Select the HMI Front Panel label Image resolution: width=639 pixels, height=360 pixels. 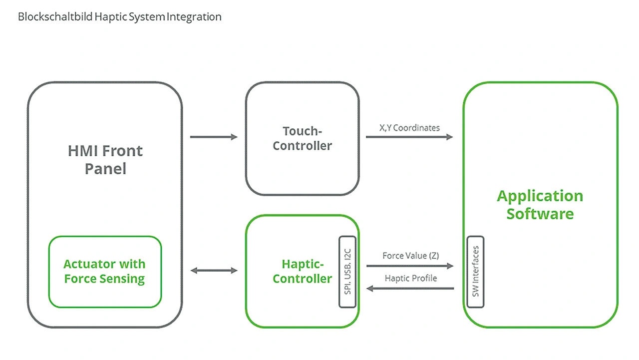tap(105, 160)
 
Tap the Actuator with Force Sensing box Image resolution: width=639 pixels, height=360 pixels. tap(105, 272)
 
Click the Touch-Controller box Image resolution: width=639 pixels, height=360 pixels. tap(302, 138)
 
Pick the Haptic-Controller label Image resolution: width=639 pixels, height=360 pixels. tap(302, 271)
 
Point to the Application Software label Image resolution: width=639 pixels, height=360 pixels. tap(540, 205)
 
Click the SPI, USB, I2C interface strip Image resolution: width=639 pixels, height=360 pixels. tap(348, 272)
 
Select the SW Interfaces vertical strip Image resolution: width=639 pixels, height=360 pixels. tap(475, 272)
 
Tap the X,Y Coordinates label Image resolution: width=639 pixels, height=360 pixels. tap(409, 128)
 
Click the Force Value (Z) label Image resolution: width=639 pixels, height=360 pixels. tap(410, 256)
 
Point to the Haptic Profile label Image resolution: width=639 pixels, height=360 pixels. tap(410, 278)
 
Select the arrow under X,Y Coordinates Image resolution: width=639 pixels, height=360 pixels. tap(409, 137)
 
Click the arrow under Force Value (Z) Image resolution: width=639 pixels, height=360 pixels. tap(410, 266)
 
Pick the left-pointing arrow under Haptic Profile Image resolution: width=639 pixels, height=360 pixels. tap(410, 288)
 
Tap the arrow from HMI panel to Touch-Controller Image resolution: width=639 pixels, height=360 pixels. tap(214, 137)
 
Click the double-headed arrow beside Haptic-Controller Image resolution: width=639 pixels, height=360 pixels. tap(214, 271)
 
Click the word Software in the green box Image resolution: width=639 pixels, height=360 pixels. tap(540, 214)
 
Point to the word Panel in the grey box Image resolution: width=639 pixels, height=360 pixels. tap(105, 169)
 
